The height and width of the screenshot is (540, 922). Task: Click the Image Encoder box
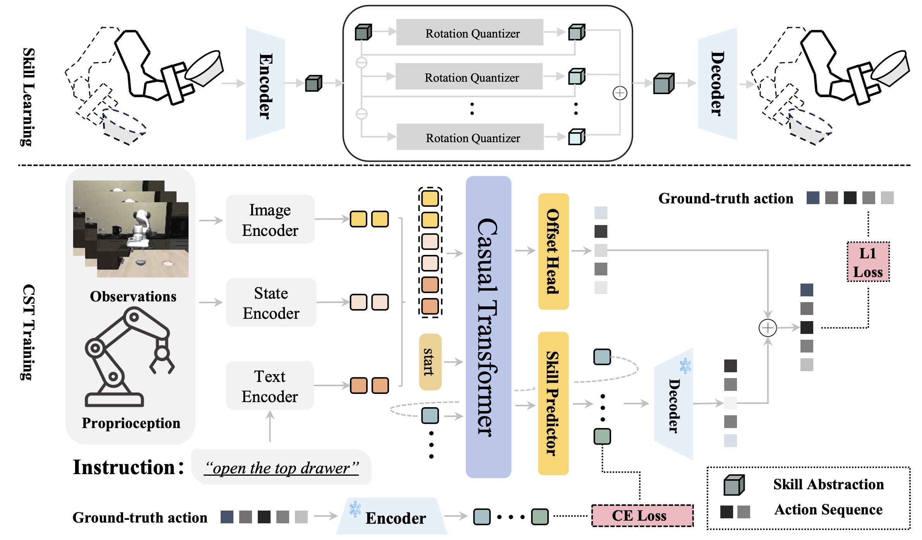click(270, 219)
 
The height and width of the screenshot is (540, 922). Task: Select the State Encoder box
click(271, 303)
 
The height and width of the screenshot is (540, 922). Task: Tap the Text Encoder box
click(270, 386)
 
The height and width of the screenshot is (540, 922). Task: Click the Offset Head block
click(554, 251)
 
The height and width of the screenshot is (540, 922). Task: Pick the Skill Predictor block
click(554, 403)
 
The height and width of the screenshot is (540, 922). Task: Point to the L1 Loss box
click(868, 262)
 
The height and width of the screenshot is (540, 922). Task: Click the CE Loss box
click(643, 516)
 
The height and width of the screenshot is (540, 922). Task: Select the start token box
click(430, 362)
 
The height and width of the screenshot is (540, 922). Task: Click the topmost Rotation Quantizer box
click(470, 33)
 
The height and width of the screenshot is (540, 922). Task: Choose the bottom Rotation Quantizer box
click(470, 137)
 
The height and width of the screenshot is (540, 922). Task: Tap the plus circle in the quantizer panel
click(620, 93)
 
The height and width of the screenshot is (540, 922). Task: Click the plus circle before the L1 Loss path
click(768, 328)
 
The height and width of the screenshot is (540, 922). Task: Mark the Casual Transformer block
click(488, 327)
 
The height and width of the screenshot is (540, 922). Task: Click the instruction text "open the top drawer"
click(282, 468)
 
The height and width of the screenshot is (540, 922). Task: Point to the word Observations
click(133, 296)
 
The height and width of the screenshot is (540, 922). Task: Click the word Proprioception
click(131, 423)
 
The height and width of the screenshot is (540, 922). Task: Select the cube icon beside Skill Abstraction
click(734, 485)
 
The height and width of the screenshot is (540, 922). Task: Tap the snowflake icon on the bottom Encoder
click(355, 509)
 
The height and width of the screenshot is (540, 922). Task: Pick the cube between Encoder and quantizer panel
click(314, 83)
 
